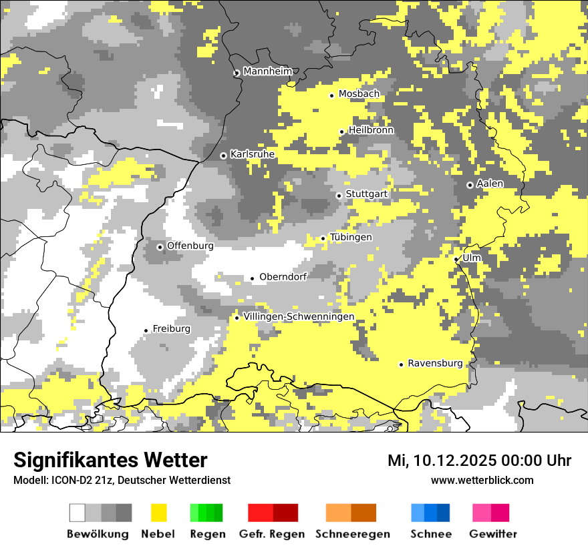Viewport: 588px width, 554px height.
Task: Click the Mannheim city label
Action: click(267, 71)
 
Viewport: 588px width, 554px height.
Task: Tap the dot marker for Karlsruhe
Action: click(223, 156)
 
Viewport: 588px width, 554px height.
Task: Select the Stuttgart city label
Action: click(366, 194)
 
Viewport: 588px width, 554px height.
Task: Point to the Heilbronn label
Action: click(371, 130)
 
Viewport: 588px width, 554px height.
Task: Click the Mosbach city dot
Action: click(331, 95)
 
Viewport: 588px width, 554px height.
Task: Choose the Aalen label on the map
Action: click(490, 184)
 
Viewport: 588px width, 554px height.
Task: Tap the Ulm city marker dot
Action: click(456, 259)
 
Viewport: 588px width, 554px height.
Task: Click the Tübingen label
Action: click(351, 238)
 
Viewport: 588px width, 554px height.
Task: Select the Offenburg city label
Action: click(190, 246)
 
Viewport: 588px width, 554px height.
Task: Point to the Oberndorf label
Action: click(283, 277)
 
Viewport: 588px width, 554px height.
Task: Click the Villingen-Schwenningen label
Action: click(299, 316)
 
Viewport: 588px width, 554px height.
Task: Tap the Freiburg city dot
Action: click(146, 330)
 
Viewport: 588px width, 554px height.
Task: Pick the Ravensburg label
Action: click(435, 364)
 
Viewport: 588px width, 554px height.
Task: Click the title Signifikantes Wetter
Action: click(110, 460)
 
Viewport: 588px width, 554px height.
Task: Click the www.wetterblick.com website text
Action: click(482, 480)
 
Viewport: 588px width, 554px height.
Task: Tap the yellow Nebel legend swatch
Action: click(159, 513)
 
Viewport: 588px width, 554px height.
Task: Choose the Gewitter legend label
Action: click(492, 534)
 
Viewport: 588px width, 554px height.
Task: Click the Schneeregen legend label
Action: click(352, 534)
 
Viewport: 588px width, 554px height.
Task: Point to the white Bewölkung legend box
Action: click(78, 513)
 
